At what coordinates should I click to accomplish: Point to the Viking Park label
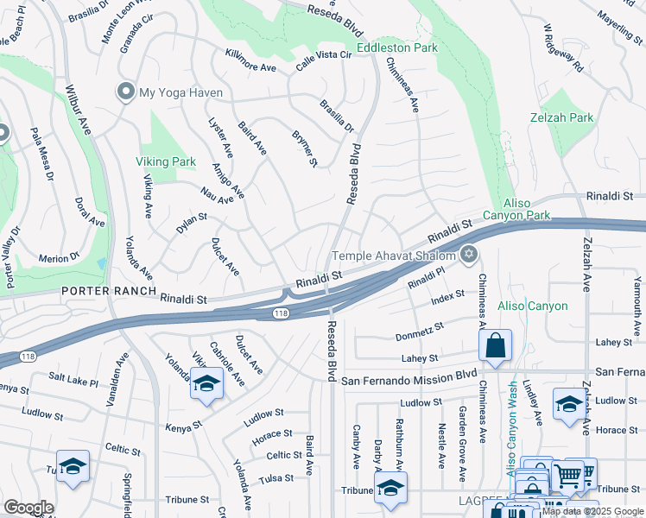tap(165, 161)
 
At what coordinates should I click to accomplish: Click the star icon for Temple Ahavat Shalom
tap(469, 254)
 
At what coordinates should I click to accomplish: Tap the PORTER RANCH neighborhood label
tap(108, 292)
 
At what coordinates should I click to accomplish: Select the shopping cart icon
tap(567, 474)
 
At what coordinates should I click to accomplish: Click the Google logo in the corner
tap(28, 508)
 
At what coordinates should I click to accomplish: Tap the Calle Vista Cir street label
tap(324, 55)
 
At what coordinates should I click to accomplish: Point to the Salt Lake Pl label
tap(73, 378)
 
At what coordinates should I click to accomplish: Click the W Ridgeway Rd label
tap(564, 47)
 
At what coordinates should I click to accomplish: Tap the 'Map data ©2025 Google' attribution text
tap(592, 511)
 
